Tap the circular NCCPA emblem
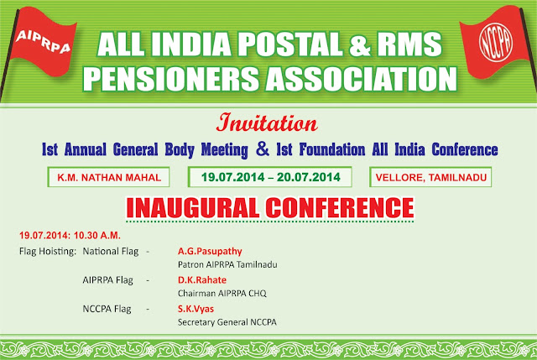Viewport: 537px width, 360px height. [496, 42]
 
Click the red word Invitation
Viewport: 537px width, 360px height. [267, 123]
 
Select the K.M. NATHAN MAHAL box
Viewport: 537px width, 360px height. [108, 177]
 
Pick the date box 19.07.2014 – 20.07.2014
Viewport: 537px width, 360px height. [270, 177]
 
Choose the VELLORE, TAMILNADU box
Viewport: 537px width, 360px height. [430, 177]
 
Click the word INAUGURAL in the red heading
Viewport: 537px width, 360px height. [193, 208]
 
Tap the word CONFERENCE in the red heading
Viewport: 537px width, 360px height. [340, 208]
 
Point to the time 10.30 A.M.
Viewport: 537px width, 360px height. [97, 236]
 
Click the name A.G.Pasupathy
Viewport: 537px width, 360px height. [210, 251]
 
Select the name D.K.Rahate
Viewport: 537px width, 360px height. [201, 279]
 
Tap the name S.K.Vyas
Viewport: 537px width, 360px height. [196, 309]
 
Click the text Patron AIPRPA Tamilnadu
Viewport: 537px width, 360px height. [227, 264]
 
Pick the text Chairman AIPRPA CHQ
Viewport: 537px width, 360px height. [222, 293]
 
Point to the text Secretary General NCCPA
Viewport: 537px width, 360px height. [227, 322]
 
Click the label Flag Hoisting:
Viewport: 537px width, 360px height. [48, 252]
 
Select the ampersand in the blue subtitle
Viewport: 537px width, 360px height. [263, 149]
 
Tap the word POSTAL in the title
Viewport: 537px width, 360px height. [289, 44]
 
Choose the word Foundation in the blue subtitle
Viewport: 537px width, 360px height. [332, 149]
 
